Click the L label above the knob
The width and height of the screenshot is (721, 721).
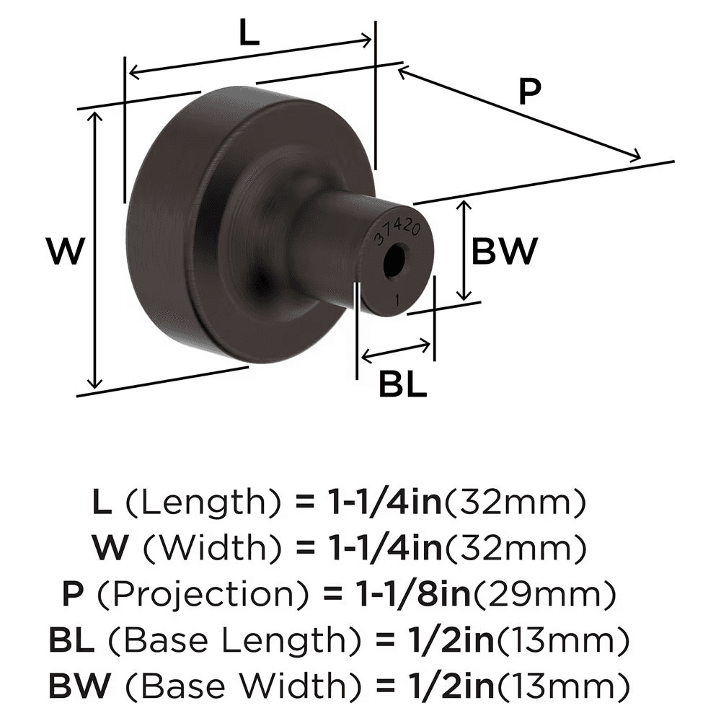(249, 33)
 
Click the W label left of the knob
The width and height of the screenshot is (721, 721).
(66, 252)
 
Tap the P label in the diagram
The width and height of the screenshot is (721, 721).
(529, 92)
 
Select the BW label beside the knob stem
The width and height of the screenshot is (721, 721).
(505, 252)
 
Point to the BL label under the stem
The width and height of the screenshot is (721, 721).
(403, 386)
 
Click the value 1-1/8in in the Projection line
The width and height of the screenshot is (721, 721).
(413, 596)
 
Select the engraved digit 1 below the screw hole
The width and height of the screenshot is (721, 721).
(397, 297)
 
